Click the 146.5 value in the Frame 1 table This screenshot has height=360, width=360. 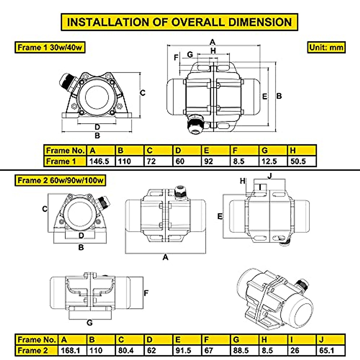99,161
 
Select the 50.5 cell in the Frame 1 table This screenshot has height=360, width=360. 298,161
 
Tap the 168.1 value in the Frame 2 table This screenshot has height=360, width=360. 70,350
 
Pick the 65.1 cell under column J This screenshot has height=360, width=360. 327,350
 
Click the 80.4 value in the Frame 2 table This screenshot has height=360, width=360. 126,350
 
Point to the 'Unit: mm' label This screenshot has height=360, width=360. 326,47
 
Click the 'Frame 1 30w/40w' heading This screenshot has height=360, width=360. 50,47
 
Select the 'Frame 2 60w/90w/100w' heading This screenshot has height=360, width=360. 60,180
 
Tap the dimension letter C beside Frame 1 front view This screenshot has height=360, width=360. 143,93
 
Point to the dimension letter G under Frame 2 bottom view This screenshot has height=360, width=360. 89,323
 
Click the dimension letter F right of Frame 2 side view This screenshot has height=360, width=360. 146,293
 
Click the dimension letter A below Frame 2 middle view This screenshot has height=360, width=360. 165,257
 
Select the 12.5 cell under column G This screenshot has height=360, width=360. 269,161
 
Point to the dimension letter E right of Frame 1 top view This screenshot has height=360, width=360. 265,96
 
